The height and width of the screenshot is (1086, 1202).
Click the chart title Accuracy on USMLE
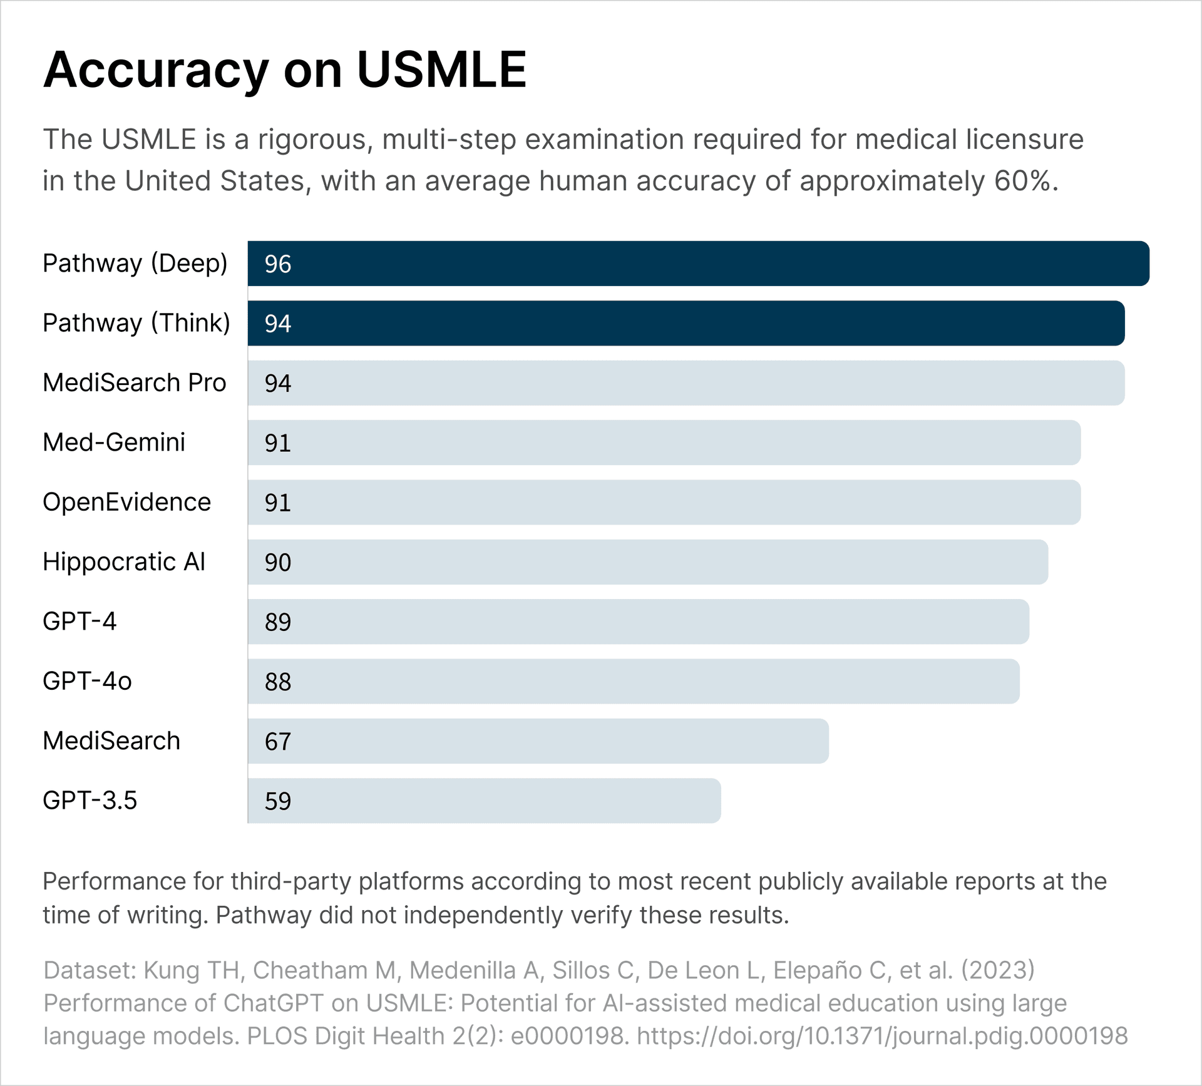[285, 69]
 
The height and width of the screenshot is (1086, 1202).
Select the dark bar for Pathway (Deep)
[698, 264]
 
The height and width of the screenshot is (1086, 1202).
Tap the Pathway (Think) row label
[136, 323]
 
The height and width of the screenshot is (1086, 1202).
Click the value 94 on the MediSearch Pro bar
[278, 383]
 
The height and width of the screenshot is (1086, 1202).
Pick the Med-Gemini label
[114, 443]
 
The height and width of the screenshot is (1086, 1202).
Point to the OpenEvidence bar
[664, 502]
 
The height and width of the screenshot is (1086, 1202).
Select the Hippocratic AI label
[124, 562]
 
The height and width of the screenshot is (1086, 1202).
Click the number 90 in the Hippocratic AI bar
[278, 562]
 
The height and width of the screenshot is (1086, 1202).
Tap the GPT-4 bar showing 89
[639, 622]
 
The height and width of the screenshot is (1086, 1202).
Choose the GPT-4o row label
[87, 681]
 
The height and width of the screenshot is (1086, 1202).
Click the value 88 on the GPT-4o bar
[278, 682]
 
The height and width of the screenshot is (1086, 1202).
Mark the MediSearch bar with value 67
[538, 741]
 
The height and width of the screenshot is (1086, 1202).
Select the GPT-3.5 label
[90, 801]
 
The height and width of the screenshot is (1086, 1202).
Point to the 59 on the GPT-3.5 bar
[278, 801]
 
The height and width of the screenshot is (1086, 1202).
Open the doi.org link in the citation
[882, 1036]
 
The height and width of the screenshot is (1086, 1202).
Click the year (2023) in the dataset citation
[998, 970]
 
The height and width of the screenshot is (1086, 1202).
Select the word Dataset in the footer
[90, 970]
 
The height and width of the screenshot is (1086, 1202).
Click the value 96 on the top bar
[278, 264]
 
